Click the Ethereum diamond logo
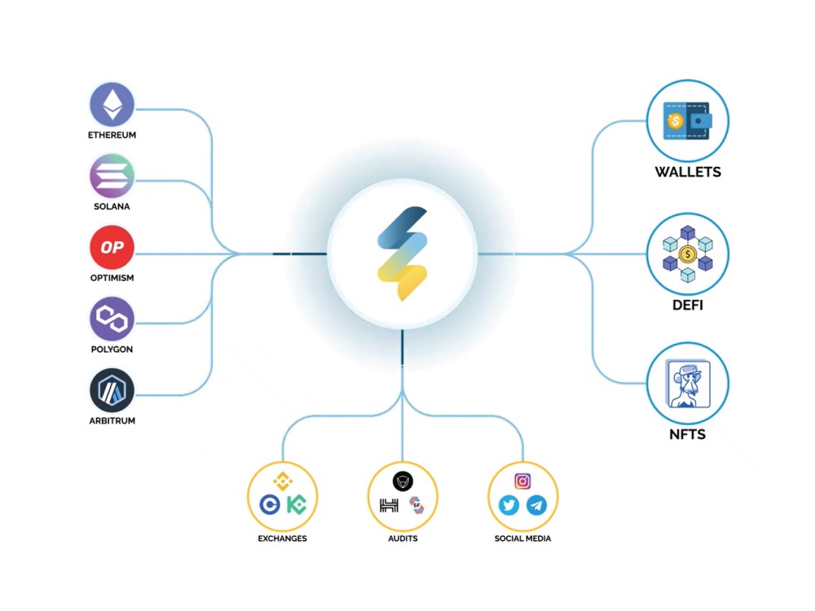[x=112, y=104]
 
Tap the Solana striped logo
[x=112, y=176]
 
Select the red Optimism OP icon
[x=112, y=248]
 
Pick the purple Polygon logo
[x=112, y=319]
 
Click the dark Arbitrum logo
[x=112, y=390]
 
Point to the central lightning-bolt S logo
[x=403, y=253]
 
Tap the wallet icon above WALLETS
[x=687, y=121]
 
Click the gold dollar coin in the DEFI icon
[x=687, y=254]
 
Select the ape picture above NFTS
[x=688, y=384]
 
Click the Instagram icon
[x=522, y=481]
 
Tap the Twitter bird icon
[x=509, y=505]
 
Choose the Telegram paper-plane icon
[x=536, y=505]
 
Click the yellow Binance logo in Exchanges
[x=283, y=481]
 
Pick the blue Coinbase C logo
[x=270, y=504]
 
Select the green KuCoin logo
[x=297, y=504]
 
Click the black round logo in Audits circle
[x=403, y=481]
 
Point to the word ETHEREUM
[x=112, y=135]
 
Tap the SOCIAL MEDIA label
[x=522, y=538]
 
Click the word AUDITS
[x=403, y=538]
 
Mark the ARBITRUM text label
[x=112, y=421]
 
